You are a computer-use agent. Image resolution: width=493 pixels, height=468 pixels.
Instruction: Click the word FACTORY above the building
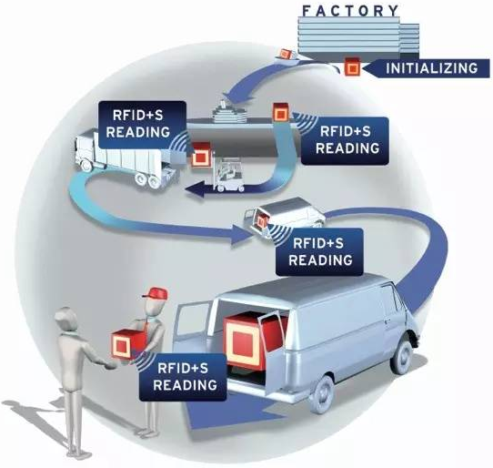coord(350,11)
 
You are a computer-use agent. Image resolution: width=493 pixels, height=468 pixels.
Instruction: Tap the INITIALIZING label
coord(430,68)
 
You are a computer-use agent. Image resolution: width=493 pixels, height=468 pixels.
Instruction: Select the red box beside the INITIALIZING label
coord(352,66)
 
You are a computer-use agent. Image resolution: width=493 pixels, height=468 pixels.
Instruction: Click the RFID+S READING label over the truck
coord(141,124)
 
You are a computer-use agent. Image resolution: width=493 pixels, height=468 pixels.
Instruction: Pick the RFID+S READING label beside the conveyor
coord(345,140)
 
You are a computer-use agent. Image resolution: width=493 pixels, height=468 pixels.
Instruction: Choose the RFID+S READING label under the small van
coord(319,252)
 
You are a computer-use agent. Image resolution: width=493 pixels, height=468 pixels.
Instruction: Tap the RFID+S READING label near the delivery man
coord(183,377)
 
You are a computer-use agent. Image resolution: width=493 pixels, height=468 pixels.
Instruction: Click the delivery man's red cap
coord(156,292)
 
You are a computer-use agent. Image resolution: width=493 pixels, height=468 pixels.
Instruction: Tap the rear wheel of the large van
coord(323,394)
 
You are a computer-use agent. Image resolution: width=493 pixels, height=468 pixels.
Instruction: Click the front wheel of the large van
coord(403,357)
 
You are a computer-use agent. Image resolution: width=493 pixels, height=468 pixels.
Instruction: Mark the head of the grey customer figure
coord(67,319)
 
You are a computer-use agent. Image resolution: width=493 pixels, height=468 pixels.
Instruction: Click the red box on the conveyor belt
coord(281,112)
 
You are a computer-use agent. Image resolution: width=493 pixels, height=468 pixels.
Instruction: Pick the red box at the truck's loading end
coord(201,154)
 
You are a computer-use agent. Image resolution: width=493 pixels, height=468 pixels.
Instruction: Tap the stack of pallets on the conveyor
coord(229,113)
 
